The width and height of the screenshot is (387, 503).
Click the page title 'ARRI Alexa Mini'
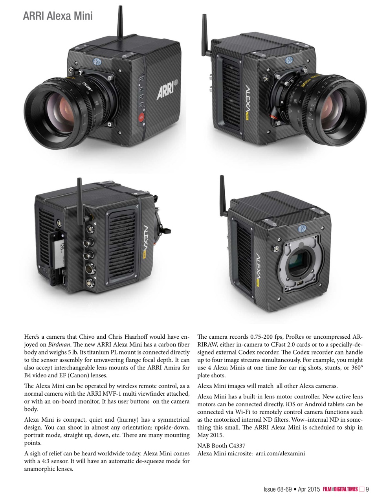[58, 16]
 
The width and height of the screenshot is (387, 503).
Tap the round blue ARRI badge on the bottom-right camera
[303, 228]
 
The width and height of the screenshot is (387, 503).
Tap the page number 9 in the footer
[367, 489]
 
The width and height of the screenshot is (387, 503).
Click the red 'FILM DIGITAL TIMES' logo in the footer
[340, 489]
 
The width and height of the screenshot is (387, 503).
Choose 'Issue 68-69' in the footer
[277, 489]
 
